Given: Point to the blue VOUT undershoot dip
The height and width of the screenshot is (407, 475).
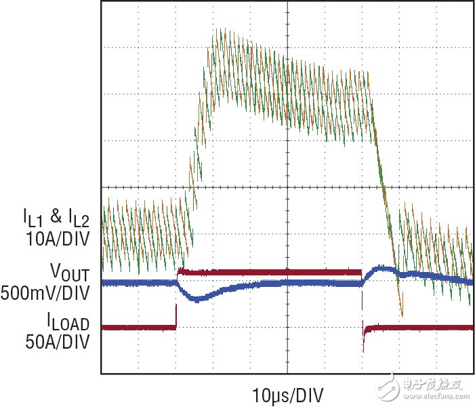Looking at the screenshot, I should (197, 298).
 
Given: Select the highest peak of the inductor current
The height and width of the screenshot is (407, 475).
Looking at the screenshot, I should (218, 31).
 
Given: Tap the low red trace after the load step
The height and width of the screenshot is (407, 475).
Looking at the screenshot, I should (420, 328).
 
